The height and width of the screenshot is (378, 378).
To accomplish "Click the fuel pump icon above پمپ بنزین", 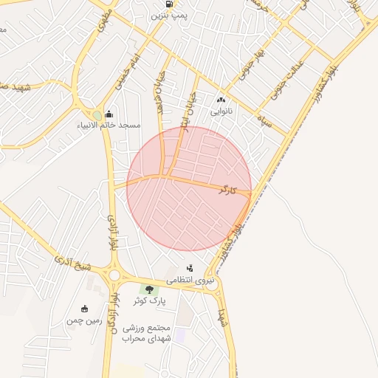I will pyautogui.click(x=170, y=4).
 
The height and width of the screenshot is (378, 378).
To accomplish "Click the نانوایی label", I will pyautogui.click(x=221, y=112).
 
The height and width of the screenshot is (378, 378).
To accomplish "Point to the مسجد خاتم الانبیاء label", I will pyautogui.click(x=110, y=126).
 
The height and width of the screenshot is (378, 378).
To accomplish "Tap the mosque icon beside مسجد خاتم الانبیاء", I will pyautogui.click(x=109, y=114).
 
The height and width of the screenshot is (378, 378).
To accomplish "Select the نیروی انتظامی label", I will pyautogui.click(x=190, y=281).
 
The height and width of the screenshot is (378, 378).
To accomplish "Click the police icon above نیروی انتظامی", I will pyautogui.click(x=190, y=269).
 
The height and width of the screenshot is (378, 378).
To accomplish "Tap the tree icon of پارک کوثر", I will pyautogui.click(x=150, y=289).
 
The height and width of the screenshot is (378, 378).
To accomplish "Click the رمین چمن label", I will pyautogui.click(x=83, y=320).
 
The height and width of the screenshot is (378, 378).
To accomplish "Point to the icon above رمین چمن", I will pyautogui.click(x=83, y=309).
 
